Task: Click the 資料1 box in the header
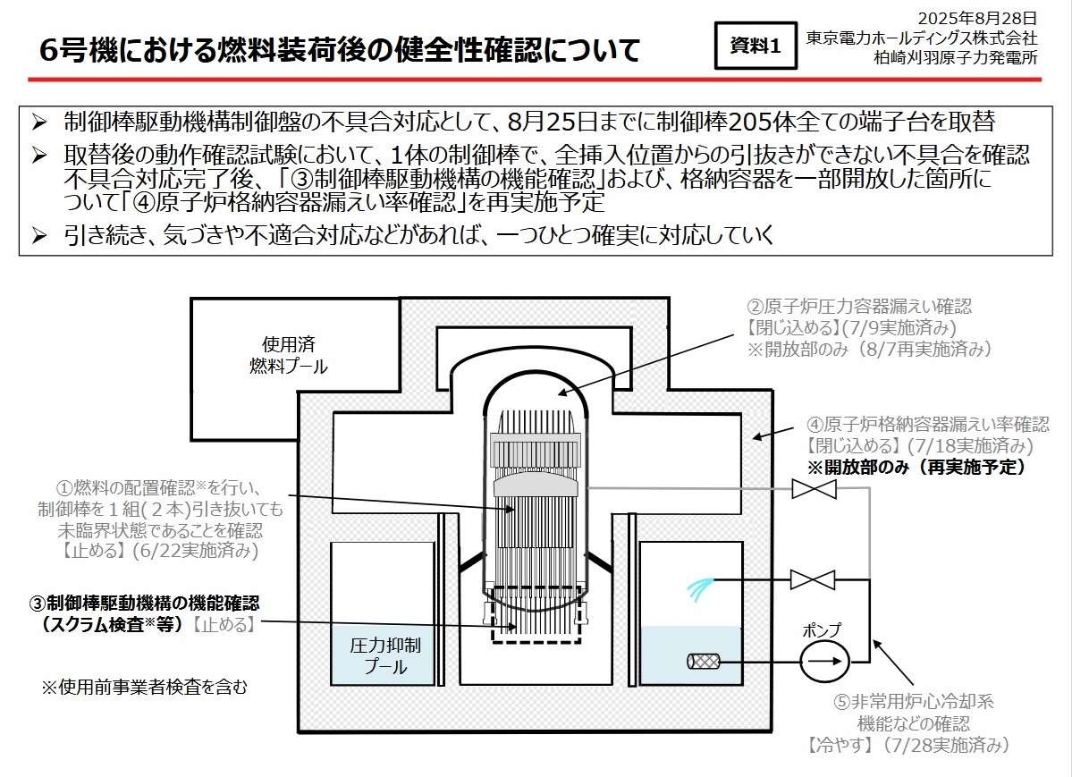pyautogui.click(x=755, y=47)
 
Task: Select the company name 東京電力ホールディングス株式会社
pyautogui.click(x=921, y=38)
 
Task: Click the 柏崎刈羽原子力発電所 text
pyautogui.click(x=956, y=58)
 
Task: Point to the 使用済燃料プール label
pyautogui.click(x=288, y=355)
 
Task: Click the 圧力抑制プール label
pyautogui.click(x=386, y=655)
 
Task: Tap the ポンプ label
pyautogui.click(x=823, y=629)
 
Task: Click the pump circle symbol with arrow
pyautogui.click(x=823, y=663)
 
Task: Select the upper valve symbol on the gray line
pyautogui.click(x=814, y=489)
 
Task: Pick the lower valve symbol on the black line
pyautogui.click(x=813, y=579)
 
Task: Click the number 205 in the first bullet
pyautogui.click(x=764, y=122)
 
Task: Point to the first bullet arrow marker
pyautogui.click(x=39, y=122)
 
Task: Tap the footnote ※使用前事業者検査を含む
pyautogui.click(x=144, y=687)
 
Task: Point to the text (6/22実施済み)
pyautogui.click(x=194, y=551)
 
